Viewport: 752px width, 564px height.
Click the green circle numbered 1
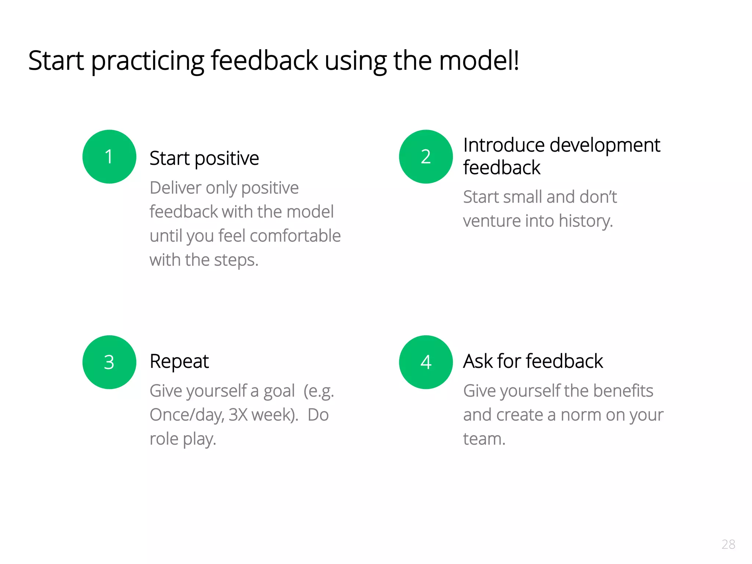point(109,156)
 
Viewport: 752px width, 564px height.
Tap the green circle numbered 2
point(426,156)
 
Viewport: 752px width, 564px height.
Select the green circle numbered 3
point(109,362)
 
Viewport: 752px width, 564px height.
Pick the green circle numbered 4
point(426,362)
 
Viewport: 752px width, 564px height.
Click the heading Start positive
point(204,158)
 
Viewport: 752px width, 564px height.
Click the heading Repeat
point(179,361)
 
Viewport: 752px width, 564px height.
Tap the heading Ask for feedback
point(533,361)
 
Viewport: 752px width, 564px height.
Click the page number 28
point(728,544)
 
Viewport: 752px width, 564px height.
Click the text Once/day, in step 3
point(187,415)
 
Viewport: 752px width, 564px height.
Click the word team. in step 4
point(484,439)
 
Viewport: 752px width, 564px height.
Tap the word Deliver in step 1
point(176,188)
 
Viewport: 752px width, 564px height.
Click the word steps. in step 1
point(236,260)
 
